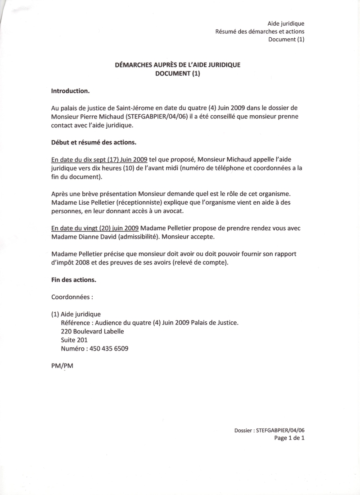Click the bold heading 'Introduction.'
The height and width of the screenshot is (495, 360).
point(71,91)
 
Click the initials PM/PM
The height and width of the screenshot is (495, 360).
point(62,366)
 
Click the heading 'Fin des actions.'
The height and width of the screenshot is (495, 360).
point(73,279)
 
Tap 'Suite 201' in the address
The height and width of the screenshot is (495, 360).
point(74,340)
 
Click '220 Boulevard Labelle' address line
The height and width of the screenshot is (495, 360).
point(92,331)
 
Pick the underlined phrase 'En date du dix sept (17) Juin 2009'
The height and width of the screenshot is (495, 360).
point(99,160)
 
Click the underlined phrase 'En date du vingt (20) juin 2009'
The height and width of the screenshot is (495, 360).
point(95,229)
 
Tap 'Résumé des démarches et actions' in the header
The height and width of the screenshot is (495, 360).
point(260,31)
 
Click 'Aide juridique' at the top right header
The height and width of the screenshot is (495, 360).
point(286,23)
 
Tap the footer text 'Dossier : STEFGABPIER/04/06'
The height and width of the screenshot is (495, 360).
point(270,430)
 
